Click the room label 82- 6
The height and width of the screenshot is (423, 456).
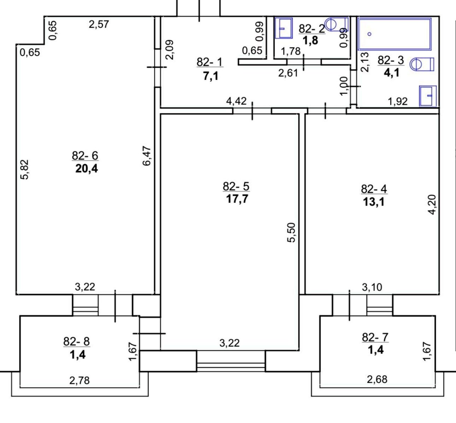(85, 156)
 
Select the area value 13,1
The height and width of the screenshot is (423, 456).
(373, 202)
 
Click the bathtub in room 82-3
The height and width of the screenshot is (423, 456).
(394, 34)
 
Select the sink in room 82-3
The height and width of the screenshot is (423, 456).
(428, 96)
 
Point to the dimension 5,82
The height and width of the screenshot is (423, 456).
(24, 170)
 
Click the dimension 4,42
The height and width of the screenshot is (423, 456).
(236, 101)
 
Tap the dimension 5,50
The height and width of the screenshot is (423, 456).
(292, 232)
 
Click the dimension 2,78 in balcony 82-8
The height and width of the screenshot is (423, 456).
(79, 381)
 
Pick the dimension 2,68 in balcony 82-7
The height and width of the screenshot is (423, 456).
(377, 379)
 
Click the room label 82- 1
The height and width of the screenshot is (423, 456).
(210, 62)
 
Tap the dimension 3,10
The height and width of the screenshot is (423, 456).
(372, 287)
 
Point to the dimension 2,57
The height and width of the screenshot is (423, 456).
(99, 24)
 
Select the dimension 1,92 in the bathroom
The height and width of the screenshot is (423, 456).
(397, 102)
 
